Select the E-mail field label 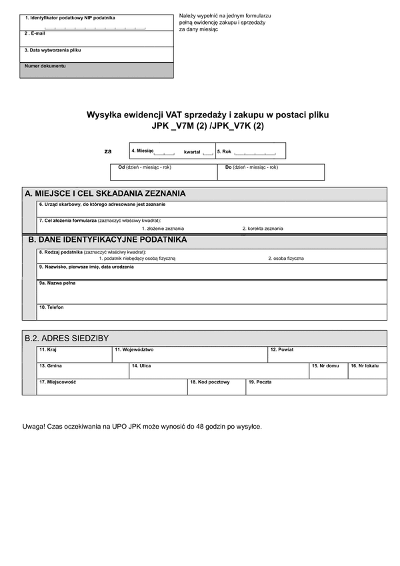tap(35, 33)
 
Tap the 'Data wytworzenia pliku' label tap(53, 50)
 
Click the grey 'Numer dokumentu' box tap(97, 70)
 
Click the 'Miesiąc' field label tap(143, 151)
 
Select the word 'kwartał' tap(192, 152)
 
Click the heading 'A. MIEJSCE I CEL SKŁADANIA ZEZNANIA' tap(105, 193)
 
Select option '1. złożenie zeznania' tap(163, 229)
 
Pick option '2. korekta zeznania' tap(263, 229)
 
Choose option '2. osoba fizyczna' tap(286, 258)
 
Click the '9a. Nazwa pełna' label tap(57, 283)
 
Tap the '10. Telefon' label tap(51, 307)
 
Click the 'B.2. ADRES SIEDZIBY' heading tap(67, 338)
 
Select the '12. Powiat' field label tap(281, 349)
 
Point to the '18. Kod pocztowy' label tap(209, 382)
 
